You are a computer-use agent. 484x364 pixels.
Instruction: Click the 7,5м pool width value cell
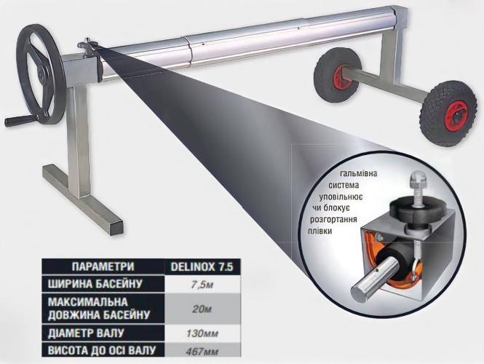coord(202,285)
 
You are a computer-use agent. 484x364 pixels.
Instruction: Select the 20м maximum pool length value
coord(202,309)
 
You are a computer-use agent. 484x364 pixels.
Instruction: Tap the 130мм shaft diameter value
coord(202,333)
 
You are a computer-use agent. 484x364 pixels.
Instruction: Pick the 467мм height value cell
coord(202,351)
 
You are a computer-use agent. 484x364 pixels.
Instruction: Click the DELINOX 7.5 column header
coord(202,266)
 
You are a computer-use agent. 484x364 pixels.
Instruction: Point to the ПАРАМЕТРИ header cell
coord(103,266)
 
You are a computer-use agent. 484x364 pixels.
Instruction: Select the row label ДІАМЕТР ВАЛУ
coord(86,333)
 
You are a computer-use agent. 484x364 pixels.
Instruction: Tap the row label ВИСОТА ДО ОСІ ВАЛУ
coord(102,350)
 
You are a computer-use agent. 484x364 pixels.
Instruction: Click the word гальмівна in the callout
coord(358,173)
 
